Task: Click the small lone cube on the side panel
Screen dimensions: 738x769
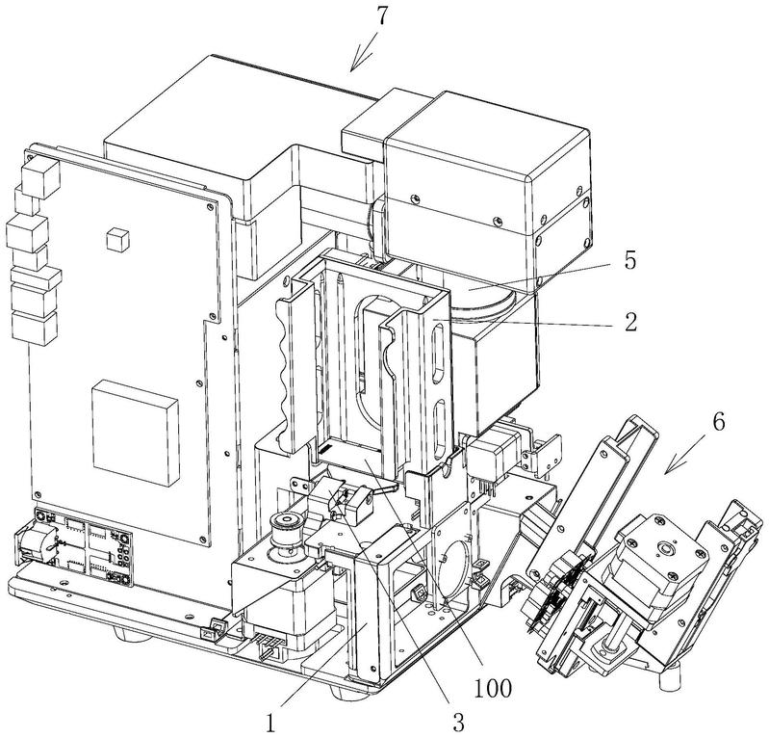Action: click(117, 238)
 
